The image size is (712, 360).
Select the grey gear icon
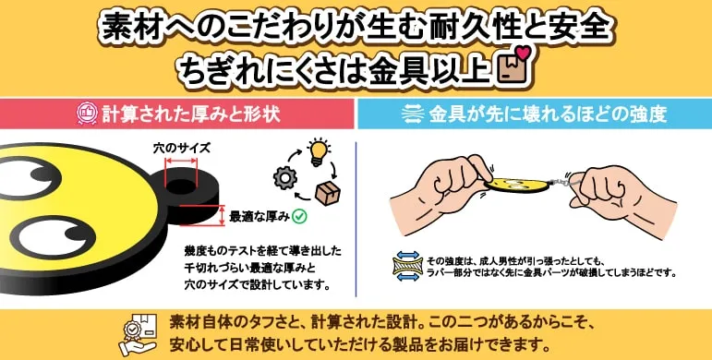[285, 178]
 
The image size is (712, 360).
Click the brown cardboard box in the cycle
[328, 193]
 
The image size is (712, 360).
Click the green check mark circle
[299, 217]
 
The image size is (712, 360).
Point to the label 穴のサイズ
[182, 149]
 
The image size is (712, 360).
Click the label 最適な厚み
[259, 217]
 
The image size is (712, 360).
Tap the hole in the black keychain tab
[181, 186]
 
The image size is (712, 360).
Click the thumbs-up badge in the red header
[85, 113]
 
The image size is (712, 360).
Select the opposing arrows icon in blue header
[412, 114]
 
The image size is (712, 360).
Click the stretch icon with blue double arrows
[407, 266]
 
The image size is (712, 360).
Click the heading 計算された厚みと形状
[191, 114]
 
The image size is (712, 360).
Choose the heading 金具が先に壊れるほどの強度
[548, 114]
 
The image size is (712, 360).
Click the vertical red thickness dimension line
[222, 216]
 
